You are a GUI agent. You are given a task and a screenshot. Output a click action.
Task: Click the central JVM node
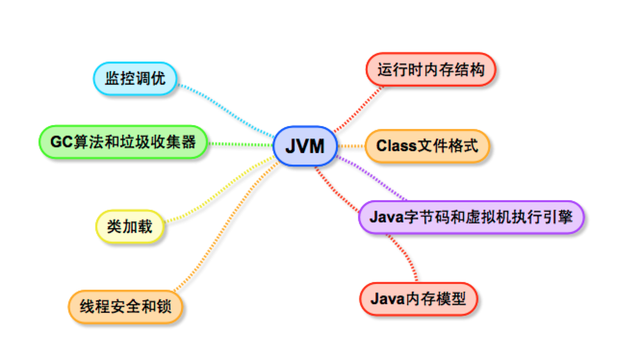pos(305,146)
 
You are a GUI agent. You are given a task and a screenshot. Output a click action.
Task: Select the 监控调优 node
pos(135,78)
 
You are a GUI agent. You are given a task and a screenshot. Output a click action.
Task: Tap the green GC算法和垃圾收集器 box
pos(123,142)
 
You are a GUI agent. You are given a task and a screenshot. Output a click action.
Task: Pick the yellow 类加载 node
pos(129,226)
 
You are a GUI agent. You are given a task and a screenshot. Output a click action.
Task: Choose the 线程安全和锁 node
pos(126,306)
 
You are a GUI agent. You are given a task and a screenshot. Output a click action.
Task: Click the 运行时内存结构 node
pos(430,70)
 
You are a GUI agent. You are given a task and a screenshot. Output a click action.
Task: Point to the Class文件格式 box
pos(427,145)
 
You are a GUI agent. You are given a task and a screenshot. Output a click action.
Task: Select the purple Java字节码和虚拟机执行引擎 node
pos(471,217)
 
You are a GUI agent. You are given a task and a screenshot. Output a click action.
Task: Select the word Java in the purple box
pos(386,217)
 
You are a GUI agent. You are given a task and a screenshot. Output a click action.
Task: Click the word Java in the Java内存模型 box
pos(386,299)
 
